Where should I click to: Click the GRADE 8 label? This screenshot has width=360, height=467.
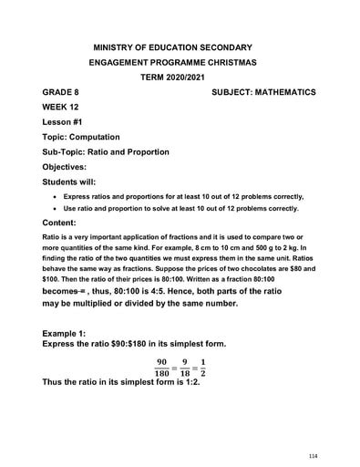62,92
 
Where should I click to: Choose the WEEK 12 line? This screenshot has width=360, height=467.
62,107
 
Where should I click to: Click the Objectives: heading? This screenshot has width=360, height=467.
70,167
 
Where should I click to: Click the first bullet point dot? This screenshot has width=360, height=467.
56,196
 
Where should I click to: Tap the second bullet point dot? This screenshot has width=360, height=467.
56,208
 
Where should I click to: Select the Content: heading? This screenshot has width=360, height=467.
65,223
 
